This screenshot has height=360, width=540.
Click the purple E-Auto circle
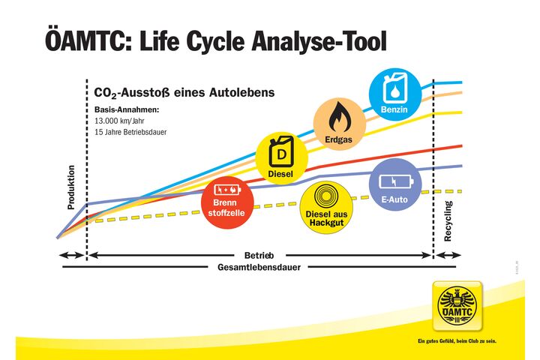point(395,185)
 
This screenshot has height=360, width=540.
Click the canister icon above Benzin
point(393,88)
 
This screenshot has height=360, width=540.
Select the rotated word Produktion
point(71,187)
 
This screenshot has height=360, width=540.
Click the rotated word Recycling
point(448,220)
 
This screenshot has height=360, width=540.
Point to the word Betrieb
point(259,255)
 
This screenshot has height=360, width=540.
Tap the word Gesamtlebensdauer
point(259,266)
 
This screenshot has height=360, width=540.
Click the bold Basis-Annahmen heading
point(127,109)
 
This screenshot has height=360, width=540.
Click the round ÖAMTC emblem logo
point(457,308)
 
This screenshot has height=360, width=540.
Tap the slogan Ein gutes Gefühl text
point(457,342)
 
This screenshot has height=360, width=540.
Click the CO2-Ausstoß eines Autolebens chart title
point(184,92)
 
